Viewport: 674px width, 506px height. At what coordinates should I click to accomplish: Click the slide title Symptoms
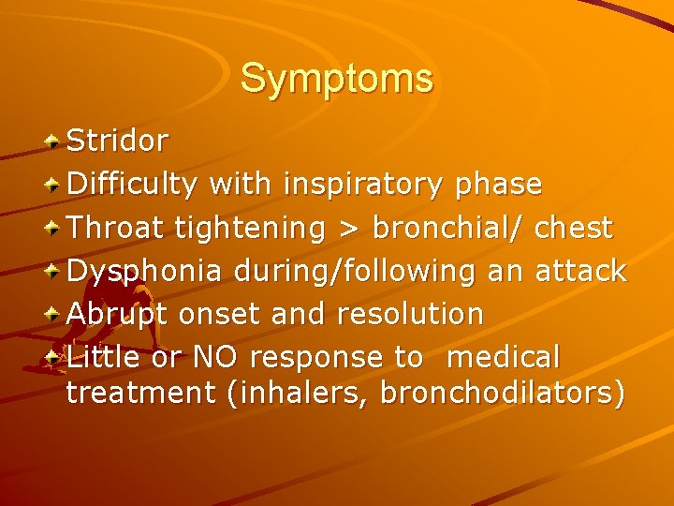click(x=337, y=78)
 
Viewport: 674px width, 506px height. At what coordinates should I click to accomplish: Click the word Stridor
click(x=117, y=141)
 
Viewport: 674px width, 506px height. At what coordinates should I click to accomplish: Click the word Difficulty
click(x=132, y=185)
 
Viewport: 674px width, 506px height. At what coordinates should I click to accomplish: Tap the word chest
click(x=576, y=228)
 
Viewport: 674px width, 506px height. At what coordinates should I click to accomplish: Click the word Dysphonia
click(x=145, y=271)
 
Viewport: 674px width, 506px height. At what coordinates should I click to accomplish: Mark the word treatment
click(x=141, y=394)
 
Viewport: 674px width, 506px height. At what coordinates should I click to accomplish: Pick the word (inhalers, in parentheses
click(x=298, y=394)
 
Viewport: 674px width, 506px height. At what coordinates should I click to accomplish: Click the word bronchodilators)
click(x=502, y=394)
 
